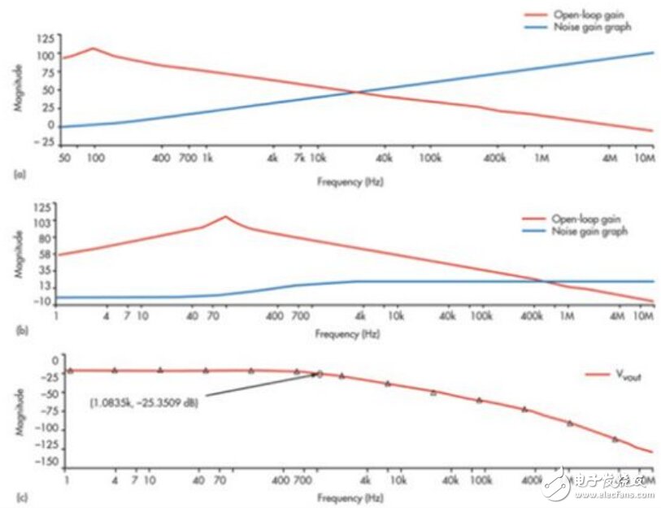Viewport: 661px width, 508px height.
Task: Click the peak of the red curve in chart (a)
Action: pos(93,48)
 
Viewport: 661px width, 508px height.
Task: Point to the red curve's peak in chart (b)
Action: pos(225,216)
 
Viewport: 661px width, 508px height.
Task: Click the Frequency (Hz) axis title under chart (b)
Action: pos(350,334)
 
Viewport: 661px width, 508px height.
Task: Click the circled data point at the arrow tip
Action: pos(320,374)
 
